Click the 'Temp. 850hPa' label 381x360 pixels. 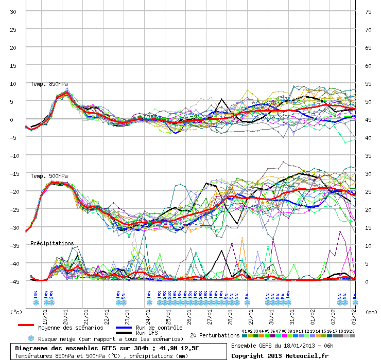click(49, 84)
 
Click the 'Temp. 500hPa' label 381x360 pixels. click(49, 176)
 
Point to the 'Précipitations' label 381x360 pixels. click(52, 243)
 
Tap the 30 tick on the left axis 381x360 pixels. click(13, 11)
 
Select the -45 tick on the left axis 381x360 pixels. click(13, 281)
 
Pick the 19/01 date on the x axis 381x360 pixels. click(45, 312)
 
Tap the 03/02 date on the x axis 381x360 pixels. click(354, 312)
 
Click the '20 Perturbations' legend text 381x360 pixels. click(215, 335)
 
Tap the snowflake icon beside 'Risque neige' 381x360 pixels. click(31, 339)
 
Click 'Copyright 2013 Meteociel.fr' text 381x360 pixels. click(280, 355)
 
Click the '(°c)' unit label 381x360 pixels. click(16, 312)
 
